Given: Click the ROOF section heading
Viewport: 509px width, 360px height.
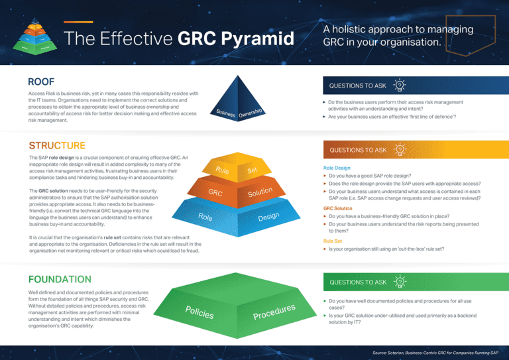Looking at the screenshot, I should point(41,82).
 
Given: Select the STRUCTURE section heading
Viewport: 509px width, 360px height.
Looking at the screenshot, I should point(57,145).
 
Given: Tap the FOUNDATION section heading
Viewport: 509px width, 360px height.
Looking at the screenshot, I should point(60,279).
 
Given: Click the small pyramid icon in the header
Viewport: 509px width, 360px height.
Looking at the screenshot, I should point(32,39).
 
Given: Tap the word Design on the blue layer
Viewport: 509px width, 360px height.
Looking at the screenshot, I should point(272,216).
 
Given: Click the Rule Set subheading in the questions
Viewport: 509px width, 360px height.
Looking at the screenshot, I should point(333,241).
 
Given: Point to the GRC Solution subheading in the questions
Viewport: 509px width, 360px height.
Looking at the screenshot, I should point(338,208).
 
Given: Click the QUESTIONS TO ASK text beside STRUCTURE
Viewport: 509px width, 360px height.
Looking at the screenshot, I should point(357,150).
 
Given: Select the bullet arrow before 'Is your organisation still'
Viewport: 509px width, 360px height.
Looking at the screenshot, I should point(325,249).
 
